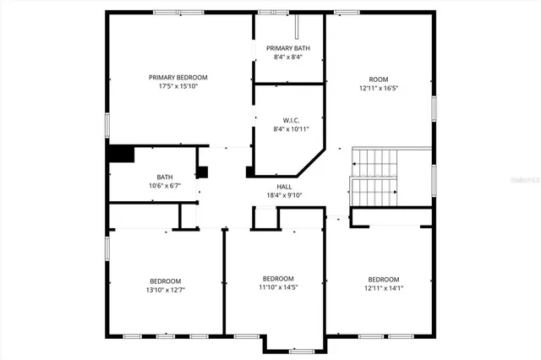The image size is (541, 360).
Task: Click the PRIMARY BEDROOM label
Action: point(178,77)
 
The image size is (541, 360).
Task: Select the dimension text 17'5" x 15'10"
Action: point(178,86)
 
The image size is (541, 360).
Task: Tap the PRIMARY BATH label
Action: point(288,48)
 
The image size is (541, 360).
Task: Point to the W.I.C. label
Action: point(291,120)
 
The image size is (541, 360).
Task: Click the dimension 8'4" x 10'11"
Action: point(291,129)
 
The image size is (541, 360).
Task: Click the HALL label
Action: point(285,186)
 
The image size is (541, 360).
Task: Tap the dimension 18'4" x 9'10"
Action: point(285,195)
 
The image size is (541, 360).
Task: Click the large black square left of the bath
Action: point(122,155)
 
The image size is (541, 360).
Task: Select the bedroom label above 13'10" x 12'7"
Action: point(165,281)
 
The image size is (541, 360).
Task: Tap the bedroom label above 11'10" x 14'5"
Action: point(277,279)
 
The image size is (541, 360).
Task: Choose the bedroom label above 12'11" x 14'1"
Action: point(383,279)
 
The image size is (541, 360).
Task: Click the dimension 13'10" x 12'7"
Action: point(165,290)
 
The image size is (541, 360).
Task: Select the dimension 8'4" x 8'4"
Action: point(288,57)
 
